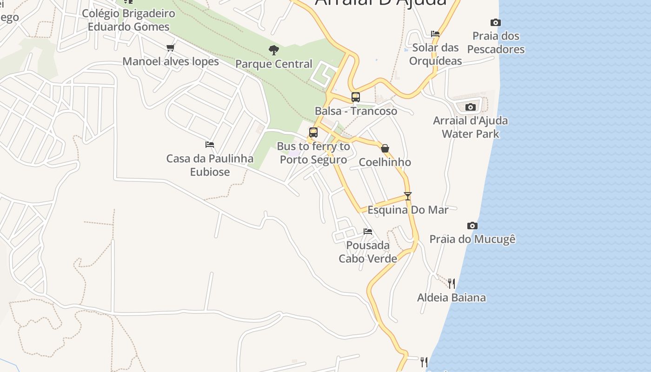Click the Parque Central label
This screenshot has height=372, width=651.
click(x=274, y=64)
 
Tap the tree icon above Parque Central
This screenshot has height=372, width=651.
click(x=274, y=50)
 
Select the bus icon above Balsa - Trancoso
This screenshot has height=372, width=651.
click(x=356, y=97)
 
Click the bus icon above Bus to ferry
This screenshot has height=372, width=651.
click(x=313, y=133)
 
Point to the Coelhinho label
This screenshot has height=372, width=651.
click(x=385, y=162)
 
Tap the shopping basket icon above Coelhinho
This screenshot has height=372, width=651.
click(x=385, y=148)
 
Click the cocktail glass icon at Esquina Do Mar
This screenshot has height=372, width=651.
click(x=408, y=196)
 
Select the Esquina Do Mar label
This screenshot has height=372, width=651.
click(x=408, y=210)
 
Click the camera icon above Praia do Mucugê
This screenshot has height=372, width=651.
click(x=472, y=226)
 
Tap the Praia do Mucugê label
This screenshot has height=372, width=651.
click(x=472, y=239)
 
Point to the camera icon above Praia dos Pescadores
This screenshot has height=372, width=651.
click(x=496, y=22)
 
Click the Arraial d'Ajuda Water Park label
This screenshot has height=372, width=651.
click(x=471, y=127)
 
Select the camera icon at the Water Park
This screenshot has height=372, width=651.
click(x=471, y=107)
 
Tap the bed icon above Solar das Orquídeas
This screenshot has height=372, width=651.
click(x=435, y=33)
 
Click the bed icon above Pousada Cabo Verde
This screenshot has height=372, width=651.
click(x=368, y=231)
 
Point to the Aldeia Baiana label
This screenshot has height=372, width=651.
click(x=452, y=298)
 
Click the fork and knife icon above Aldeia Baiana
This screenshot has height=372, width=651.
click(x=451, y=283)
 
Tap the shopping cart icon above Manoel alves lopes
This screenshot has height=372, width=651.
click(x=171, y=47)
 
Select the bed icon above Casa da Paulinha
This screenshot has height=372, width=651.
click(x=210, y=145)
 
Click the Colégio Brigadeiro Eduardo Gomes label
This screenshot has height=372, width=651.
click(x=129, y=20)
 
